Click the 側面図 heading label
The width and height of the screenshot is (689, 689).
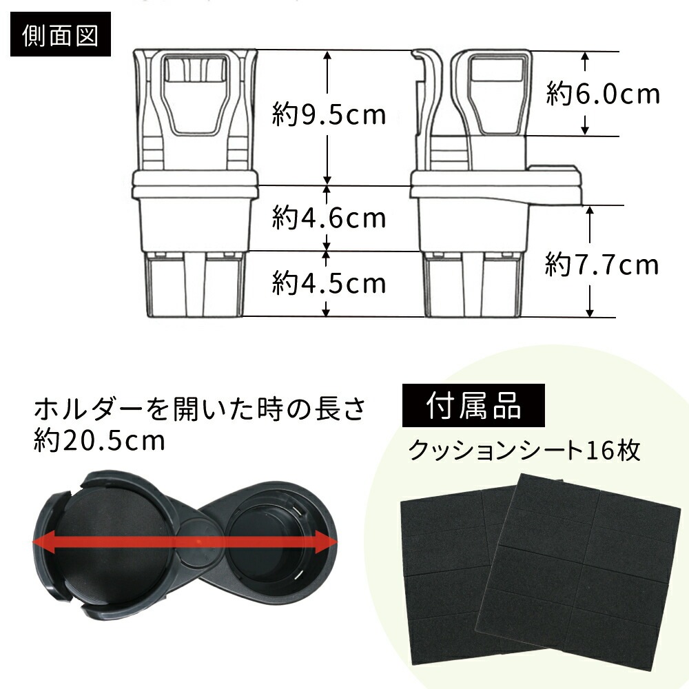(60, 34)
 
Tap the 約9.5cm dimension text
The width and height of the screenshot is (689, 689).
(329, 114)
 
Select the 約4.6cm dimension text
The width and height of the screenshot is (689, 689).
(329, 218)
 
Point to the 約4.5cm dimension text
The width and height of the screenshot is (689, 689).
(329, 282)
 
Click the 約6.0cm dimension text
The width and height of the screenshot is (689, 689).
(603, 94)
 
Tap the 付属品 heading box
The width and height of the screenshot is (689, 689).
(474, 405)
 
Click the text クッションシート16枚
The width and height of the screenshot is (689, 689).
(524, 450)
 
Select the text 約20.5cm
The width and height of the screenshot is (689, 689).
(99, 440)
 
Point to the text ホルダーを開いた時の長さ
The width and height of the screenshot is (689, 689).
(200, 409)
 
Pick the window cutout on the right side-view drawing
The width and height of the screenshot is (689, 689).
(497, 94)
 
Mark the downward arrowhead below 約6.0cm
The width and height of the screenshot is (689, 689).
(584, 130)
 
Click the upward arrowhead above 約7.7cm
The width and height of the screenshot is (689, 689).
(590, 211)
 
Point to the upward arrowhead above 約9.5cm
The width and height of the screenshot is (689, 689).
(327, 56)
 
